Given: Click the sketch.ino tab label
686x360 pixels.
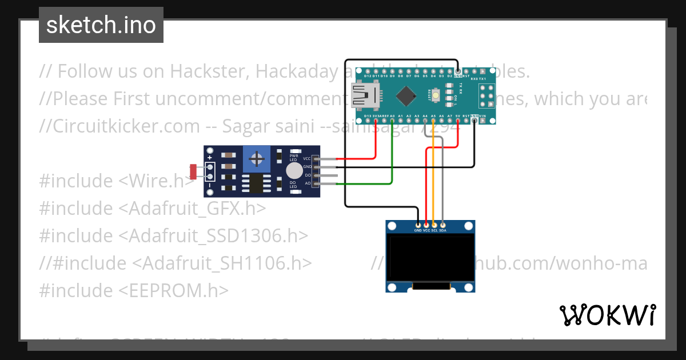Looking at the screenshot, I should (101, 25).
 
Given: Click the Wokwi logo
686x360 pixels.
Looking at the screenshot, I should (607, 315).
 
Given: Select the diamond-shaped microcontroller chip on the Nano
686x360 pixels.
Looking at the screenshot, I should (406, 95).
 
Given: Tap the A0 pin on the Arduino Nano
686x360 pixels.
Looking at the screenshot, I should (392, 121).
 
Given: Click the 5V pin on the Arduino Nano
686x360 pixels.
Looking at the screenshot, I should (458, 121).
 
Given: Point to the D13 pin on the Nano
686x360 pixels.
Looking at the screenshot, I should (367, 121).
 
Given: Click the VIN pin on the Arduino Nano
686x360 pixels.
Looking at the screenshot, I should (482, 121).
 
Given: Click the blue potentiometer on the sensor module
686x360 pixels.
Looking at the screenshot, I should (257, 158).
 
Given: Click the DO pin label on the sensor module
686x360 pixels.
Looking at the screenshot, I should (308, 175).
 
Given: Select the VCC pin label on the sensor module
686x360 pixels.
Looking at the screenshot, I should (307, 158).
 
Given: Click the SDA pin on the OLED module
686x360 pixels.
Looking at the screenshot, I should (442, 226).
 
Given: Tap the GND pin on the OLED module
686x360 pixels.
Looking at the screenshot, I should (418, 226).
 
